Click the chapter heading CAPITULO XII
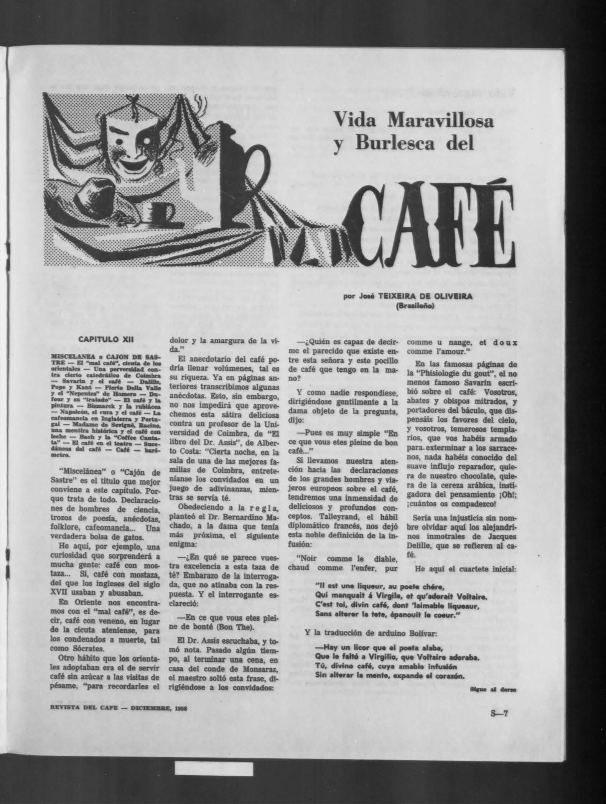(105, 339)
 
